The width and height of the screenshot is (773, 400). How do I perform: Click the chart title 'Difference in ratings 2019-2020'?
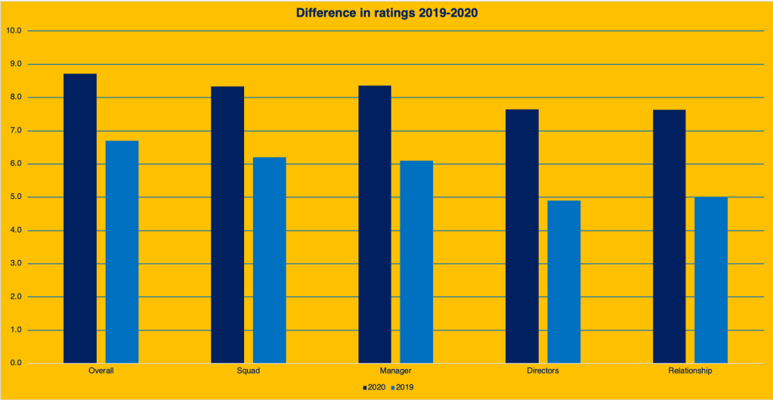(x=386, y=13)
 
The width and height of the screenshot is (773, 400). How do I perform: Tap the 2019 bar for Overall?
(x=122, y=252)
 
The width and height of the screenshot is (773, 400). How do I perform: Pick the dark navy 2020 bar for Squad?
(x=227, y=225)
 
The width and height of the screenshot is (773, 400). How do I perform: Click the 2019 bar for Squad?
(x=270, y=260)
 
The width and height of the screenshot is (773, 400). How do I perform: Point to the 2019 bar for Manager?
(x=416, y=262)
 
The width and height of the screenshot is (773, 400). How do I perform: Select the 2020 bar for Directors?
(x=522, y=236)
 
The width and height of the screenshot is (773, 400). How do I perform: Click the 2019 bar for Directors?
(x=564, y=281)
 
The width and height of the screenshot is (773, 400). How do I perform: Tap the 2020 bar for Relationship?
(x=669, y=236)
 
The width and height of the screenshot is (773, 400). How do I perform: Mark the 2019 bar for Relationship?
(x=711, y=280)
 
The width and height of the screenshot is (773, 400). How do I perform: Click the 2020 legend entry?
(x=374, y=387)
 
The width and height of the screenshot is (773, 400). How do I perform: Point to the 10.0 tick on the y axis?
(x=14, y=31)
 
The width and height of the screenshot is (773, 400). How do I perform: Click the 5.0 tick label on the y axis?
(x=15, y=197)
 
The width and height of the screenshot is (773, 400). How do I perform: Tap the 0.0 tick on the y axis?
(x=15, y=364)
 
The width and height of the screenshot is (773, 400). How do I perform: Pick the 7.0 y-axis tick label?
(x=15, y=131)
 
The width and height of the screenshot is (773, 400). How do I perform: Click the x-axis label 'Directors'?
(x=543, y=372)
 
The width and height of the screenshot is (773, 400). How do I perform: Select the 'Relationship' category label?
(x=690, y=372)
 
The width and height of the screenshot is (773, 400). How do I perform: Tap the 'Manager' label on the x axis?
(x=396, y=372)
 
